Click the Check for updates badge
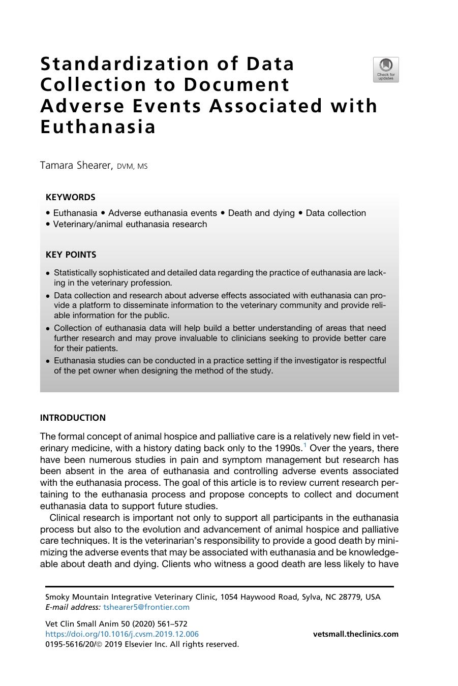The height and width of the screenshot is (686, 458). click(x=386, y=70)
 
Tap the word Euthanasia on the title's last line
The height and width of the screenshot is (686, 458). click(x=98, y=127)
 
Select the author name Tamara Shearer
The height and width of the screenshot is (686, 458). click(x=76, y=166)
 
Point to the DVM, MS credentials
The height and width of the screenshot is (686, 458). click(x=132, y=167)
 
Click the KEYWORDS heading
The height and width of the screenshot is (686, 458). click(x=70, y=197)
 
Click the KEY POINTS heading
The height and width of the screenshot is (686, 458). click(x=71, y=255)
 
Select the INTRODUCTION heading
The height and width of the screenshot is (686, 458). click(x=73, y=418)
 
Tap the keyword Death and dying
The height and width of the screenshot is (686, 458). click(x=261, y=213)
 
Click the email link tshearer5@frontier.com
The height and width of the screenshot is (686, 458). click(x=146, y=607)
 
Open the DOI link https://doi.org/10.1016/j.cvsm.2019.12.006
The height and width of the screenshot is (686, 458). click(x=122, y=634)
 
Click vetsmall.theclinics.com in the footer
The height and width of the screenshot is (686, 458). click(x=355, y=634)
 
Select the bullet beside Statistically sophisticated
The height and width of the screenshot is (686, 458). click(x=48, y=273)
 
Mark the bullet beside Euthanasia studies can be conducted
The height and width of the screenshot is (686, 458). click(x=48, y=361)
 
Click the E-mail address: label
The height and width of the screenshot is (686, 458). click(x=73, y=607)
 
